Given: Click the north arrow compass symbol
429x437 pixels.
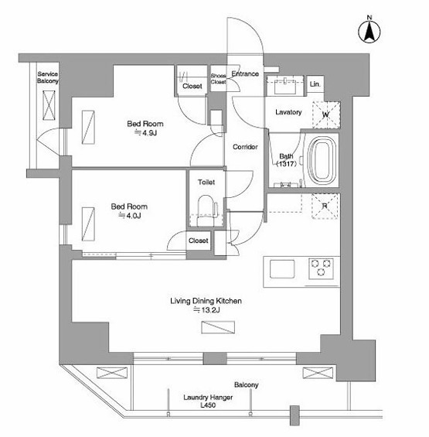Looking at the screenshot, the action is [369, 31].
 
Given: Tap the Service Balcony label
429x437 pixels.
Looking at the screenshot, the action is [48, 77].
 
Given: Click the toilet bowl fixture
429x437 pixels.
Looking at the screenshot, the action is [206, 210].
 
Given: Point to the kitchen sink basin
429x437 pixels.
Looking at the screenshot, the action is [282, 269].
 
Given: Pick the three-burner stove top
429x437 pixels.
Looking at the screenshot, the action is [322, 268].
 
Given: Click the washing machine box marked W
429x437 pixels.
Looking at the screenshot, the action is [326, 114].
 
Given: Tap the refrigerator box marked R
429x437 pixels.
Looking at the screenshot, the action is [325, 206].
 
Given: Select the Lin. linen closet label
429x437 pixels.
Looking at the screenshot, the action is [315, 84].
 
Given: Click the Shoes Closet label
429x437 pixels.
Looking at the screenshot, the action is [219, 79].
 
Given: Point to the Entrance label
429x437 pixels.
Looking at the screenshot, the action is [245, 73].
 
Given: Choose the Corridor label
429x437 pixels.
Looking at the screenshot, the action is [245, 147].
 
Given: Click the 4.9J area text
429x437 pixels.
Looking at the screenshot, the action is [145, 133].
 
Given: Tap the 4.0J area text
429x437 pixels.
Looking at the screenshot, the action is [130, 216].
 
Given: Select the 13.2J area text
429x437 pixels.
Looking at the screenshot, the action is [207, 310].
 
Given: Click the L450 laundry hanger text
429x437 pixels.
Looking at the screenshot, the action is [208, 405].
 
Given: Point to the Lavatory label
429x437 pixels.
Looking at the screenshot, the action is [288, 112].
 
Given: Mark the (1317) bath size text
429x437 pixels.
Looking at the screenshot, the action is [287, 164].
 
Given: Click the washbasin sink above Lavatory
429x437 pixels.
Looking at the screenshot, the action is [284, 87].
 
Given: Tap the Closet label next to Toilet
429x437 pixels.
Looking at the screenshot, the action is [199, 241].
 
